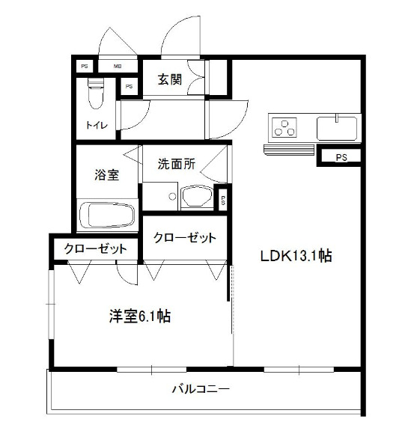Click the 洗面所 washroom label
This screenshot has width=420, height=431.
click(176, 165)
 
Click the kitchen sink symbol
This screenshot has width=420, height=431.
click(338, 127)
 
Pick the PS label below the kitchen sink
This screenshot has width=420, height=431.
click(341, 157)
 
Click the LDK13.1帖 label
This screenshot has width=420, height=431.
click(296, 256)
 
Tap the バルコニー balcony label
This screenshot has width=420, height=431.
click(200, 389)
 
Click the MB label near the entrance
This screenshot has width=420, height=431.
click(118, 67)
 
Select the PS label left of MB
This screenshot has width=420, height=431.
click(83, 67)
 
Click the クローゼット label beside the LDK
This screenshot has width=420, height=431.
click(185, 238)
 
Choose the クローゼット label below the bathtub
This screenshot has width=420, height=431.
click(95, 249)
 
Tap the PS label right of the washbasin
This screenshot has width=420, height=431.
click(223, 199)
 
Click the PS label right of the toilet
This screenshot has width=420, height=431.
click(130, 87)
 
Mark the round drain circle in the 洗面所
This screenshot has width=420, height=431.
click(172, 198)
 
